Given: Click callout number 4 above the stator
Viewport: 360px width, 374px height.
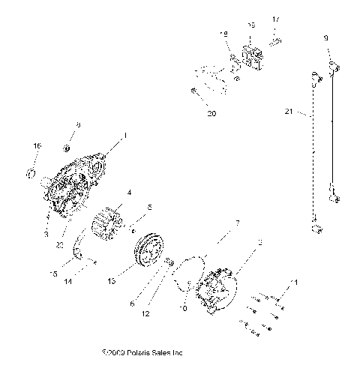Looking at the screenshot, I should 130,193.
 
